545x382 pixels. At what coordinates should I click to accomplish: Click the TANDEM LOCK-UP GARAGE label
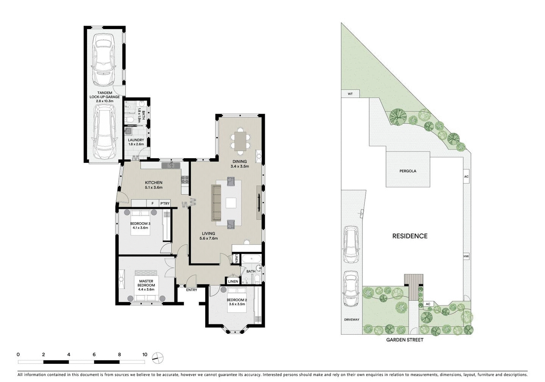[105, 97]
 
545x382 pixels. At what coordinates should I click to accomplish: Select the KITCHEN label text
[153, 182]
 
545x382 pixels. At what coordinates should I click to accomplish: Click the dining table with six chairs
[240, 140]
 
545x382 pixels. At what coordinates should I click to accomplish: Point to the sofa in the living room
[216, 203]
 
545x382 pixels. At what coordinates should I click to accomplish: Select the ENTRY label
[191, 290]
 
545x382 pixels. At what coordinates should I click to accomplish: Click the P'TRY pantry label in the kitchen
[164, 204]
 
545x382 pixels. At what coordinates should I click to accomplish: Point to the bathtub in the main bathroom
[251, 259]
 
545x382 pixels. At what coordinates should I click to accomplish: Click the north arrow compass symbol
[157, 358]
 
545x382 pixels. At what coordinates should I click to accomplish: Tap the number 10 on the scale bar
[145, 355]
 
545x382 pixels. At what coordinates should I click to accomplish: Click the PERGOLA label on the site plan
[408, 171]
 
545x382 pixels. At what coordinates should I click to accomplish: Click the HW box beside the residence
[466, 257]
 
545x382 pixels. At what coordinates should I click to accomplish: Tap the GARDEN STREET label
[404, 340]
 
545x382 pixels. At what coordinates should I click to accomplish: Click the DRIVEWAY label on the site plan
[351, 320]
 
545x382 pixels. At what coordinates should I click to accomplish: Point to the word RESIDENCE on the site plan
[410, 236]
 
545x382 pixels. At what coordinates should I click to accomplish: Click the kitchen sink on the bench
[170, 165]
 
